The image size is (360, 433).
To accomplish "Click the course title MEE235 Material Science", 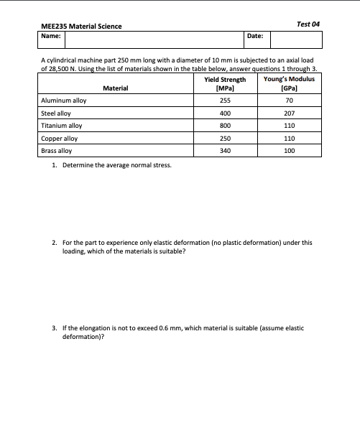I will pos(81,27).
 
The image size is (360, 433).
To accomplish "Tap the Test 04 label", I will pos(308,24).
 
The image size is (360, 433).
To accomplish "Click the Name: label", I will pos(52,35).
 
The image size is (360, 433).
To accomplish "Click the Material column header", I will pos(116,88).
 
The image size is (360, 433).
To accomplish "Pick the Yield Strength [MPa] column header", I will pos(224,83).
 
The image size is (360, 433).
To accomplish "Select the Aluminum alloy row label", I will pos(64,101).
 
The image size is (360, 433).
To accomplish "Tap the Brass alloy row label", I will pos(57,151).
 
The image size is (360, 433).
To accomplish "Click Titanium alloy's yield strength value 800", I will pos(224,126).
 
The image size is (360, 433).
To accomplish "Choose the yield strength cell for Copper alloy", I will pos(224,139).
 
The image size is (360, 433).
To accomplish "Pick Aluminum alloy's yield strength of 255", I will pos(224,101).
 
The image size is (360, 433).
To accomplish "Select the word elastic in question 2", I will pos(162,243).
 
